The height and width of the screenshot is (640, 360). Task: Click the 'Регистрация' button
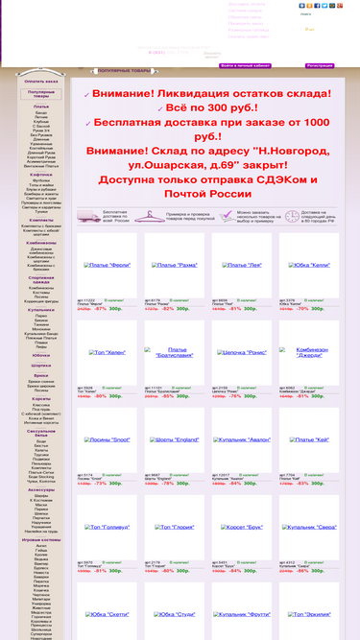(320, 66)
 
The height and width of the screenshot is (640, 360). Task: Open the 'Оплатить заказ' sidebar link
(41, 82)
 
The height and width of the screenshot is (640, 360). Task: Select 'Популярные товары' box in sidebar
(41, 94)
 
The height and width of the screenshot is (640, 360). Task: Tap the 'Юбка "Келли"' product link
(242, 265)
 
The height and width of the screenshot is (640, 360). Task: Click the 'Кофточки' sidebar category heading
(41, 175)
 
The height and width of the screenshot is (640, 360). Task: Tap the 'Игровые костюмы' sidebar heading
(41, 539)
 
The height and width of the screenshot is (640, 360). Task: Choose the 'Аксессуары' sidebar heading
(41, 489)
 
